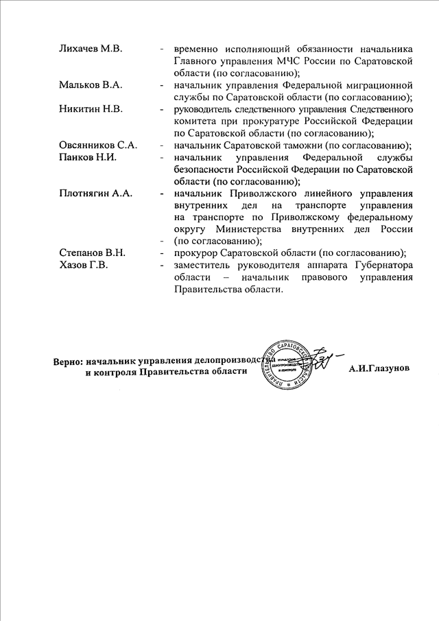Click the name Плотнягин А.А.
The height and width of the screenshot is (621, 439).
coord(95,193)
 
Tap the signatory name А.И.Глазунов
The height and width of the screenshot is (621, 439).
coord(379,369)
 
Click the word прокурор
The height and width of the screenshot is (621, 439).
coord(195,253)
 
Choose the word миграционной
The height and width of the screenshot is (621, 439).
coord(375,85)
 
